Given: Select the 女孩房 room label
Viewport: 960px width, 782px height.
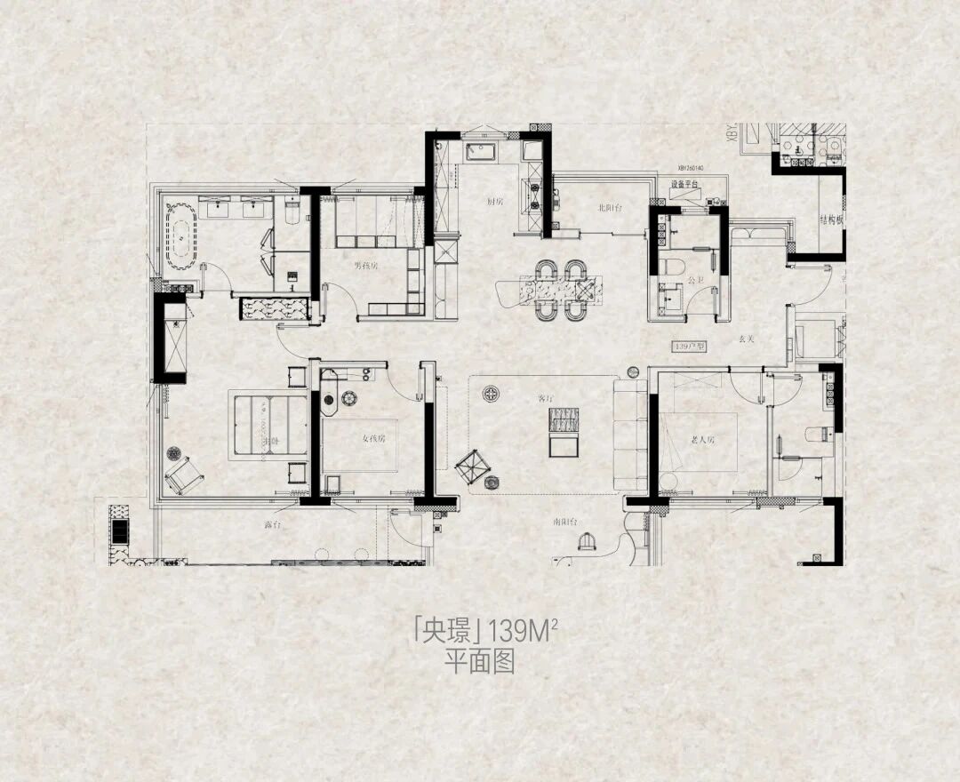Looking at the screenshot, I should click(374, 439).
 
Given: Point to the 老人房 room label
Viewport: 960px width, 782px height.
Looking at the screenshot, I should click(702, 440).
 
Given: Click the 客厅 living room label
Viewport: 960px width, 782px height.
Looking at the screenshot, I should click(545, 399).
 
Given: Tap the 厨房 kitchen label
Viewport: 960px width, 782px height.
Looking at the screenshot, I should click(495, 202).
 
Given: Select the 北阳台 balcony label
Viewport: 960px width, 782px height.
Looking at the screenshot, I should click(610, 208).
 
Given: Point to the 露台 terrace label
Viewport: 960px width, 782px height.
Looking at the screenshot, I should click(272, 525).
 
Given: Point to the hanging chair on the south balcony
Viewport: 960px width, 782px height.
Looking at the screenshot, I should click(586, 541).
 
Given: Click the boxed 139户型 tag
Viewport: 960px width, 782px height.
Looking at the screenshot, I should click(688, 345).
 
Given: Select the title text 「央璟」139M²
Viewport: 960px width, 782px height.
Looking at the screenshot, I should click(484, 632).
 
